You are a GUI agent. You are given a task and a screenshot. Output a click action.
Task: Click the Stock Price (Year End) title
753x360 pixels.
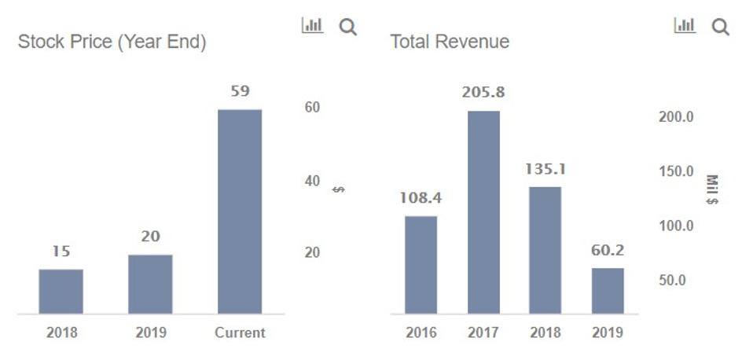[112, 42]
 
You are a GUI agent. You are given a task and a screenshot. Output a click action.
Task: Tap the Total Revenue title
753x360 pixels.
[450, 42]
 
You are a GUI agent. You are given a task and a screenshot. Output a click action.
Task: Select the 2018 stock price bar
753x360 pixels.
[61, 292]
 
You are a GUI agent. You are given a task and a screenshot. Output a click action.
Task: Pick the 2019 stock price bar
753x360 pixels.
[150, 285]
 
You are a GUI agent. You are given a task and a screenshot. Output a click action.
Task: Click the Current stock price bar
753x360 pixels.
[240, 212]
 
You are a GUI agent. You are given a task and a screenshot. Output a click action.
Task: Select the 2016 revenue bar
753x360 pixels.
[421, 265]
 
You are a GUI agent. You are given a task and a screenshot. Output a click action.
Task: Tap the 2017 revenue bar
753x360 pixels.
[483, 212]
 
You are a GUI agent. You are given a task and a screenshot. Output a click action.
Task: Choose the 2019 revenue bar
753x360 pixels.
[608, 291]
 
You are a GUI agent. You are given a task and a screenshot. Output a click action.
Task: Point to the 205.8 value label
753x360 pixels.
[483, 93]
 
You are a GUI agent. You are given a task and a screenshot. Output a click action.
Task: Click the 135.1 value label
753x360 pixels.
[545, 169]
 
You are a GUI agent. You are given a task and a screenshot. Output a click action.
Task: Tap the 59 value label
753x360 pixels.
[240, 91]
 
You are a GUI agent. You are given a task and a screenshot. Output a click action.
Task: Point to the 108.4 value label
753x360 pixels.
[421, 197]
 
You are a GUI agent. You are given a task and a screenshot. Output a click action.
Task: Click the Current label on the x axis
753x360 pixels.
[240, 332]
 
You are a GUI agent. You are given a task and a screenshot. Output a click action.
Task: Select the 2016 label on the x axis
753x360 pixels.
[421, 332]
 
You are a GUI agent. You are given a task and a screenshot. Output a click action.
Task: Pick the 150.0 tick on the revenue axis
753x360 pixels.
[675, 171]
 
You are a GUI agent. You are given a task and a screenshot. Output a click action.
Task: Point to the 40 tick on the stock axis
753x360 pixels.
[312, 181]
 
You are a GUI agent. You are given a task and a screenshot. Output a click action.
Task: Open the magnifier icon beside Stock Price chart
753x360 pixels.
[347, 27]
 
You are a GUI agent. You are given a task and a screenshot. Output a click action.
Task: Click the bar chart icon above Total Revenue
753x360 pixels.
[685, 26]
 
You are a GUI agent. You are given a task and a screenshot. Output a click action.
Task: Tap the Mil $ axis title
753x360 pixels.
[712, 189]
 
